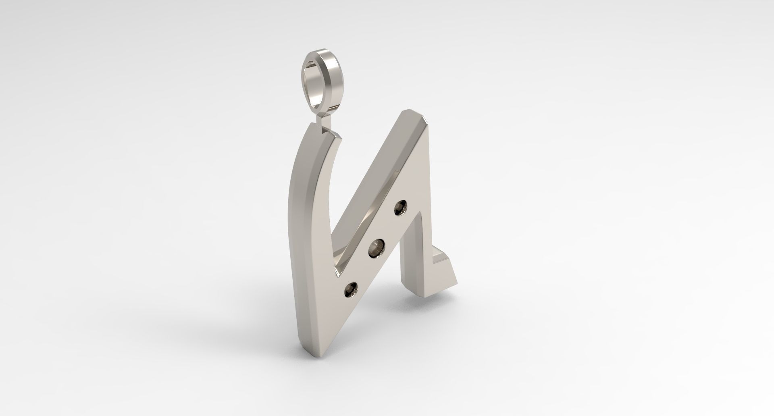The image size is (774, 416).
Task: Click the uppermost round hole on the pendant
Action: (400, 208)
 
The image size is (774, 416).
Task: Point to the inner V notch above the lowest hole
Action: (337, 278)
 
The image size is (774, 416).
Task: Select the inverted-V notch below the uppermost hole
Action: (416, 216)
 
